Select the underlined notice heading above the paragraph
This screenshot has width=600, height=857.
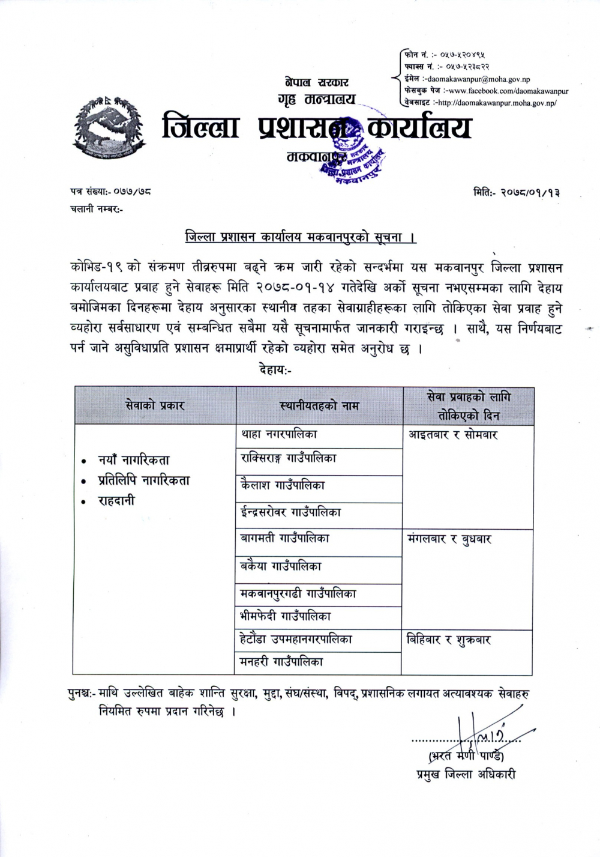point(301,237)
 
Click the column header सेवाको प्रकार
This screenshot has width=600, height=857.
point(155,405)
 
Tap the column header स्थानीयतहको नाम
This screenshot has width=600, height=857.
point(319,406)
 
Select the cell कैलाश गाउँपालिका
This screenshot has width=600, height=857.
point(283,485)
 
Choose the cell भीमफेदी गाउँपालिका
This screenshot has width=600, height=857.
point(286,616)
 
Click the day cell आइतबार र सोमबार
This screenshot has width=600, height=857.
point(454,434)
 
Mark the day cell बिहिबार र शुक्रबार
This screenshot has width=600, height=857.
point(449,640)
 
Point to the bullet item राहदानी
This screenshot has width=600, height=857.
point(116,500)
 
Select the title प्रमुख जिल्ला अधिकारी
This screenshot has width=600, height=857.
point(466,775)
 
